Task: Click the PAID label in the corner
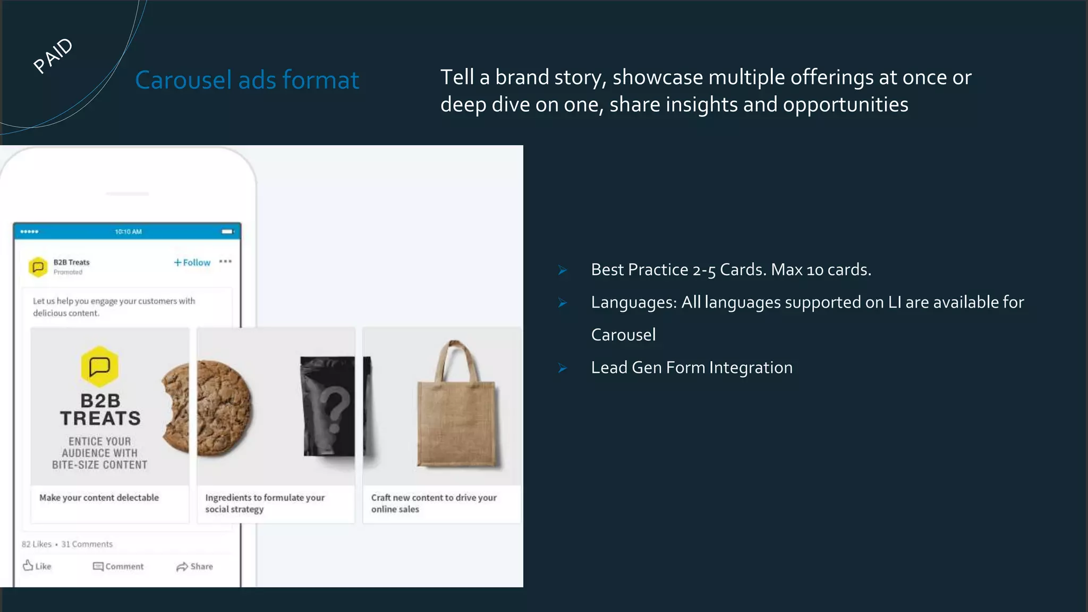53,55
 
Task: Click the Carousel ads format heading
247,80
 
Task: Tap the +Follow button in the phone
192,262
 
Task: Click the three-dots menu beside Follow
225,261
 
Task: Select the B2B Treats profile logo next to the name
38,267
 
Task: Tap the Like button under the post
37,566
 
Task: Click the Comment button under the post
118,566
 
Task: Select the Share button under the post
194,566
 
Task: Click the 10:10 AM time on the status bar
128,232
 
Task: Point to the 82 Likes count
37,544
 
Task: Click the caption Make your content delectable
99,498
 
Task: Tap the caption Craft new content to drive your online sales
433,503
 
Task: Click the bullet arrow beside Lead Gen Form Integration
563,368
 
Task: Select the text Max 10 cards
821,270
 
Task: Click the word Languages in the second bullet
633,302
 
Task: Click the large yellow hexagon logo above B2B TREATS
99,367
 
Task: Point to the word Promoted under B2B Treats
68,273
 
